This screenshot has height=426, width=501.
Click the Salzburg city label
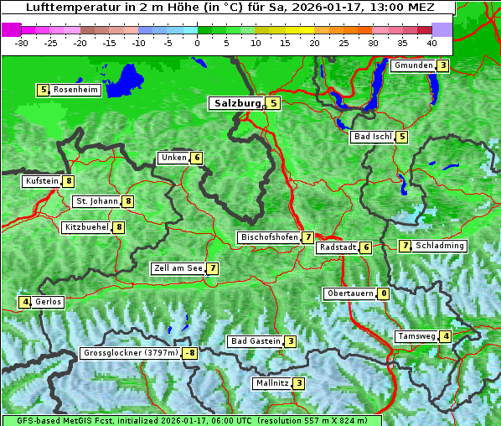[235, 103]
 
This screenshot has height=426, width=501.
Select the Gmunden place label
[412, 65]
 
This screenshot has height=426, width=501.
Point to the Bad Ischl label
[372, 137]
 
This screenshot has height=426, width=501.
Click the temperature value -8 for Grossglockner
[190, 353]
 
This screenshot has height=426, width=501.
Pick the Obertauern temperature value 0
[383, 294]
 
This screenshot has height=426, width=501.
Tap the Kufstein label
[42, 180]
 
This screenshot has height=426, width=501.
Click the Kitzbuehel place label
[85, 227]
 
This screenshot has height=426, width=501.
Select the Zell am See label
[178, 268]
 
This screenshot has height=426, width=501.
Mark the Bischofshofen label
[269, 237]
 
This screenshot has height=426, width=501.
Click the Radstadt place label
[337, 247]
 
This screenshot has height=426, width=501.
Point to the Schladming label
[440, 246]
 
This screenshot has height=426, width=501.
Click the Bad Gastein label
[256, 341]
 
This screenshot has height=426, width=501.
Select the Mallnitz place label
[271, 383]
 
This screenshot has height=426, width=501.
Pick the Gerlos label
[48, 302]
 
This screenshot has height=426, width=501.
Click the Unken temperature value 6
[196, 158]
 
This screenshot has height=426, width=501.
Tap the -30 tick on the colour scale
[23, 42]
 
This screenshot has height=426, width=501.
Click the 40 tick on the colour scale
[431, 42]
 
